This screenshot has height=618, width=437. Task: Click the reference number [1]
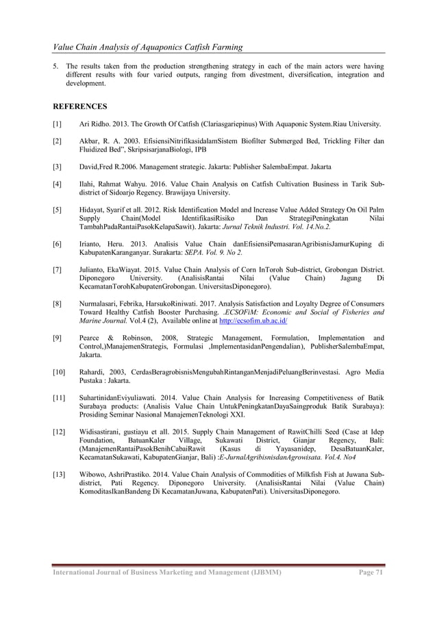click(58, 125)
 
